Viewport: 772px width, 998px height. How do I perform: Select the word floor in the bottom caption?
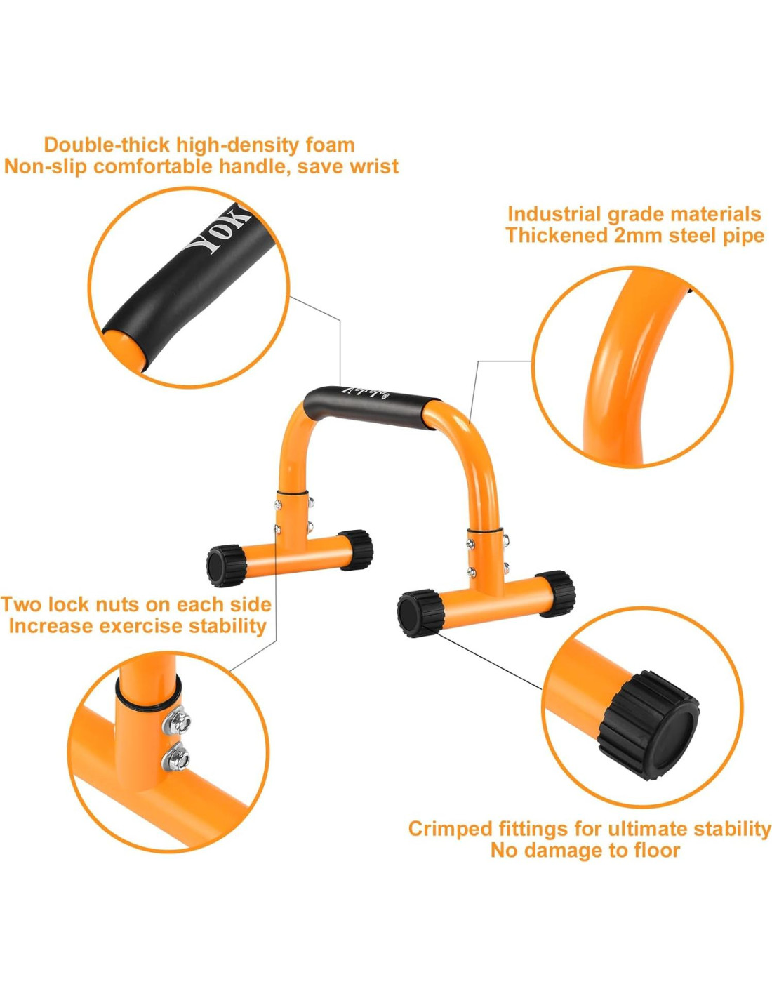click(654, 851)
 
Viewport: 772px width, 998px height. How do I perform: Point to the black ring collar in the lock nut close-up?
click(149, 703)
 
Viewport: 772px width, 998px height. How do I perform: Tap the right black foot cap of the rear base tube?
click(357, 549)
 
